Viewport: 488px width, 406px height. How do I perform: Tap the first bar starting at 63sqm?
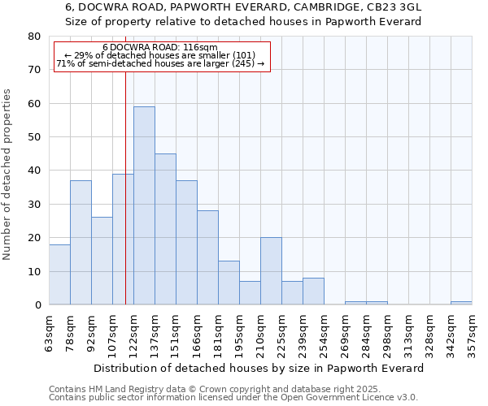tap(59, 274)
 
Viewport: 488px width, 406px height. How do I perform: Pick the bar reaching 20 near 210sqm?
tap(271, 271)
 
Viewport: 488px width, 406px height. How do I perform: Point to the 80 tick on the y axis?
tap(33, 37)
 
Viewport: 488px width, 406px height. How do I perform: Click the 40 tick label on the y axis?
tap(33, 171)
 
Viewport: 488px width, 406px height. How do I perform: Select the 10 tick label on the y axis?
tap(33, 271)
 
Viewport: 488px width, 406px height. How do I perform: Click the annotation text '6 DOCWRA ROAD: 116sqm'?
tap(160, 48)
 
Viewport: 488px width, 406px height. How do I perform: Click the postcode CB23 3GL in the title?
tap(391, 6)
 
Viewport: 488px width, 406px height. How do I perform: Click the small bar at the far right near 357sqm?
tap(461, 303)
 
